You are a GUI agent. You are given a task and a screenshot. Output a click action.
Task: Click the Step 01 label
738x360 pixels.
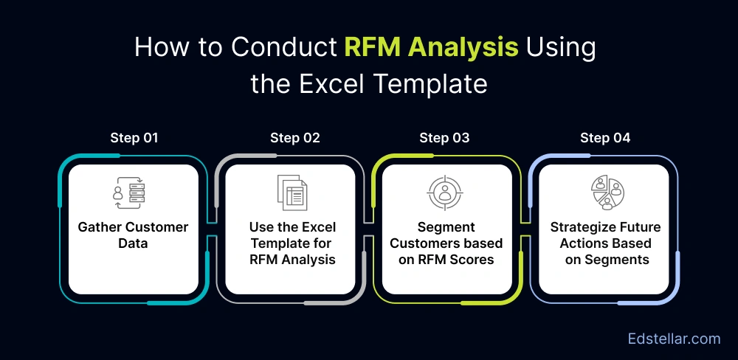point(134,138)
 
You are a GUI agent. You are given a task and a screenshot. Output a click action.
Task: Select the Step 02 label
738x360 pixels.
point(294,138)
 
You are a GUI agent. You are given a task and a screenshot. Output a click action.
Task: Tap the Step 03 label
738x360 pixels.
point(444,138)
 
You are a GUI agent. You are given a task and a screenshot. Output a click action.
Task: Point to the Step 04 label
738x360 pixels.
point(605,138)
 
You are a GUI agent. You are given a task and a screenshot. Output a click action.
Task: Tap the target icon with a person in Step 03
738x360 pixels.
point(446,193)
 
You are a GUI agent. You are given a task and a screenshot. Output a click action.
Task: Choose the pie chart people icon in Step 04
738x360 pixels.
point(606,193)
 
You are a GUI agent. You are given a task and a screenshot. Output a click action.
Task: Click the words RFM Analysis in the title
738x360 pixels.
point(431,48)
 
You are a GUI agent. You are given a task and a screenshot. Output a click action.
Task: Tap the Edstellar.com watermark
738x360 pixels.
point(673,339)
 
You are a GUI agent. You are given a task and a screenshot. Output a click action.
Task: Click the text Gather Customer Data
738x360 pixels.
point(133,235)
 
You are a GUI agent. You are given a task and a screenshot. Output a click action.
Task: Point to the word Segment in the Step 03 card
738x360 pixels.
point(446,227)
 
